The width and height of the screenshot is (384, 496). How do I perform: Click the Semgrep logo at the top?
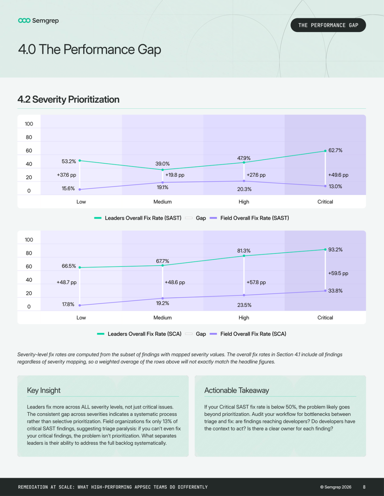[38, 21]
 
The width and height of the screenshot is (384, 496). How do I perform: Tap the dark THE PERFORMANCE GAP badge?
[328, 25]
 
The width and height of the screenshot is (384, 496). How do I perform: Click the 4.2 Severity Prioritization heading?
[68, 99]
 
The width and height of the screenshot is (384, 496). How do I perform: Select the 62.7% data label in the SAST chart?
[335, 150]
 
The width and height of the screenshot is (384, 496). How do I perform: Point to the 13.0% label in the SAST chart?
[335, 186]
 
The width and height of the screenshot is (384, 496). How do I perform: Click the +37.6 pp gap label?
[66, 175]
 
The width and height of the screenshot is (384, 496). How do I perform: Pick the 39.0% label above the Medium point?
[162, 164]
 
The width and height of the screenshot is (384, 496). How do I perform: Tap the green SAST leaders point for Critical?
[325, 151]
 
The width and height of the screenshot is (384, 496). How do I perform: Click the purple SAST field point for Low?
[80, 190]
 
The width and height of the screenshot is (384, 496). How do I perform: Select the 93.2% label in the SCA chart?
[335, 250]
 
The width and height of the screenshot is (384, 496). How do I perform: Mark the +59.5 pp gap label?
[338, 273]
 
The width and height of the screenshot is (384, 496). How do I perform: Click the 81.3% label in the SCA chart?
[244, 251]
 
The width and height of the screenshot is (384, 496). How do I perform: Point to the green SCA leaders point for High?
[244, 256]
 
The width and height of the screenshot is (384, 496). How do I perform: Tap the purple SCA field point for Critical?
[325, 291]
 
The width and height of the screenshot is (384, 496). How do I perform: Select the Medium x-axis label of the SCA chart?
[162, 317]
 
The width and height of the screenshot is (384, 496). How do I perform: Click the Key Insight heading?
[44, 390]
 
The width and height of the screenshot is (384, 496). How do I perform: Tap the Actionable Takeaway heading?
[236, 390]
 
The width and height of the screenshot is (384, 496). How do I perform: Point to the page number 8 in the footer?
[364, 487]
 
